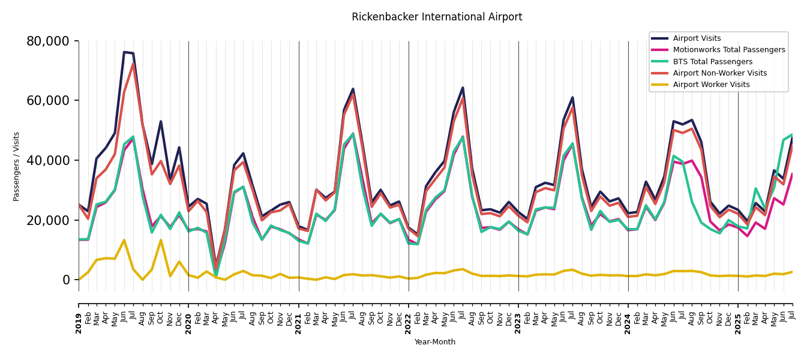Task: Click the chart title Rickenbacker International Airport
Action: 437,17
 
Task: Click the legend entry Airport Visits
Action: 697,38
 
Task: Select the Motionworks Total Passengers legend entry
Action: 728,50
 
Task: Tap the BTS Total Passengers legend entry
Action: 712,62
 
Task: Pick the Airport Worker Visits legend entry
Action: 711,85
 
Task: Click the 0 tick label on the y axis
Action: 66,280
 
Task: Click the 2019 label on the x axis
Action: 79,323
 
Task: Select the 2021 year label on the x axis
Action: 299,323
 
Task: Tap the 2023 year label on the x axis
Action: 518,323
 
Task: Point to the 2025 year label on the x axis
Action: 738,323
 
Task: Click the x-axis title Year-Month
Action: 435,342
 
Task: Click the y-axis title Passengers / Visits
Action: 16,166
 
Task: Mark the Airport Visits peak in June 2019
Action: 124,52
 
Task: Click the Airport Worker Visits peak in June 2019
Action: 124,240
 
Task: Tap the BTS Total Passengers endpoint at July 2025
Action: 792,134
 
